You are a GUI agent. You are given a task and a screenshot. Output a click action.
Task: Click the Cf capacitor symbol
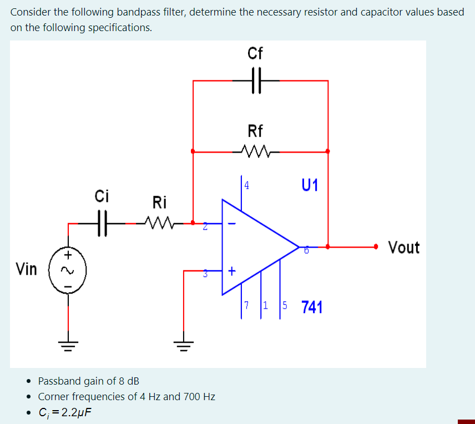click(255, 80)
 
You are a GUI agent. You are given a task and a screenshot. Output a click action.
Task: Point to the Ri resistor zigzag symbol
click(159, 223)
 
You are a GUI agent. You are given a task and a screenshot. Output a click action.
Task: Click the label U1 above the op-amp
click(311, 185)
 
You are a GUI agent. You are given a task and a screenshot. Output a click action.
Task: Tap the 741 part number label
click(312, 307)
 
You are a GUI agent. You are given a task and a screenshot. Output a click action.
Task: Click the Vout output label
click(404, 247)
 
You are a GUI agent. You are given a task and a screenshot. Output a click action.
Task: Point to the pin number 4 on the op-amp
click(246, 185)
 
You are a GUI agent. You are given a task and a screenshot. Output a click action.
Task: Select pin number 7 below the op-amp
click(247, 305)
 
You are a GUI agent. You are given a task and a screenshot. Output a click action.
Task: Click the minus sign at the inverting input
click(232, 224)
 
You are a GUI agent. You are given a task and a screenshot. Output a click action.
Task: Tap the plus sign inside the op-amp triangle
click(231, 271)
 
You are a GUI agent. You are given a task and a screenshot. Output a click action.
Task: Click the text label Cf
click(255, 54)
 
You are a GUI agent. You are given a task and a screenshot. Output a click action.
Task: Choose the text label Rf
click(255, 131)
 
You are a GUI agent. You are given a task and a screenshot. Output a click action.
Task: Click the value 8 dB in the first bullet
click(126, 381)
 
